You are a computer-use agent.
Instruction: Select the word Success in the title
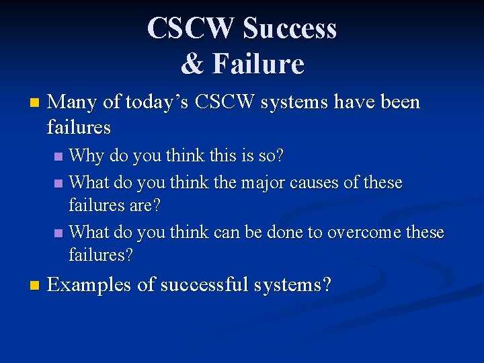290,28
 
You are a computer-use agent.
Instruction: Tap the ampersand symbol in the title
192,64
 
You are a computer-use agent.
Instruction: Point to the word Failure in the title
258,64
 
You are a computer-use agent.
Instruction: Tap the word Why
87,157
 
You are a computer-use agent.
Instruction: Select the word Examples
89,285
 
